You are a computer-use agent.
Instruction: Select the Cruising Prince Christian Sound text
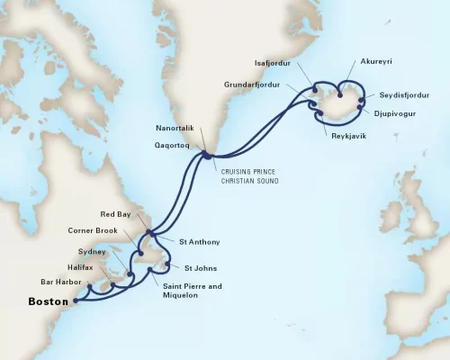[x=247, y=177]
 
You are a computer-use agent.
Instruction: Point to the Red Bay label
[x=120, y=215]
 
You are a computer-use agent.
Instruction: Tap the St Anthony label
[x=198, y=242]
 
